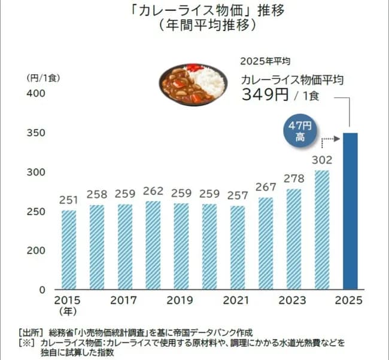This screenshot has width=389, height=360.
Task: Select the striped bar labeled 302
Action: (x=321, y=230)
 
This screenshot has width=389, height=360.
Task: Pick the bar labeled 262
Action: (x=153, y=245)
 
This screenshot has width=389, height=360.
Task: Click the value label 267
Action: (x=266, y=187)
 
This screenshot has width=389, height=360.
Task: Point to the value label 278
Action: (x=294, y=178)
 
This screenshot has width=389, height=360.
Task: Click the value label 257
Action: (x=238, y=195)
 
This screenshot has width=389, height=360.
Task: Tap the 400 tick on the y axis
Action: (x=35, y=94)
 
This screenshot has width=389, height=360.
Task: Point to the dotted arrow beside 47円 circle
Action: (x=330, y=140)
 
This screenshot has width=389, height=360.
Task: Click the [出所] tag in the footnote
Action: (x=29, y=331)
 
